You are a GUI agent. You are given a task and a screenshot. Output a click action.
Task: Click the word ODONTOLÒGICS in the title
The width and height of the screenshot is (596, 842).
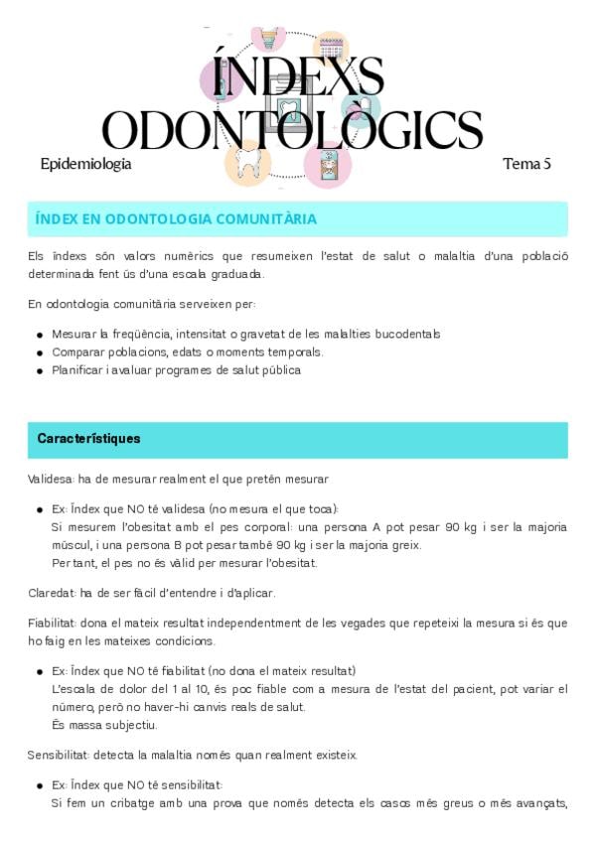point(293,130)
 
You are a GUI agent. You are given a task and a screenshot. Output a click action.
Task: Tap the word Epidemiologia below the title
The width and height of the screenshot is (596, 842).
point(85,164)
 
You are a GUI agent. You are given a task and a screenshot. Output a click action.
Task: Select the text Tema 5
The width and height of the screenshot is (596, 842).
point(526,164)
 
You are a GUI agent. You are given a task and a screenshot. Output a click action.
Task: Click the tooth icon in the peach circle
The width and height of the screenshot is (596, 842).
point(247,164)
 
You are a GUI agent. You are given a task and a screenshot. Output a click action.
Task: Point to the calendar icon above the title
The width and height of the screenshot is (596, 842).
point(331,48)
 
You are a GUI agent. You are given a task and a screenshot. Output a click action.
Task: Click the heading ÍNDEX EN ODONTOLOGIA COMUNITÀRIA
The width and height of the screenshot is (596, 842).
point(176,218)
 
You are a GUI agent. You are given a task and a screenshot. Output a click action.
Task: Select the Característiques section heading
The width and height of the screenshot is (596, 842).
point(88,438)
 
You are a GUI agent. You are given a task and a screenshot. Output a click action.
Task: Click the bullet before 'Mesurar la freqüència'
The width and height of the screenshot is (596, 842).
point(40,336)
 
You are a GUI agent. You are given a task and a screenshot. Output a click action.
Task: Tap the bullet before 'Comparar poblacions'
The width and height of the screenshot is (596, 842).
point(40,353)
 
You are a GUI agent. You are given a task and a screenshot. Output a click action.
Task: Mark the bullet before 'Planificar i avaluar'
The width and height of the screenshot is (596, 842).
point(40,371)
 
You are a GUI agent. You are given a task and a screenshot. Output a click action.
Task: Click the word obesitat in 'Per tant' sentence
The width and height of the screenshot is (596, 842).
point(288,563)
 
